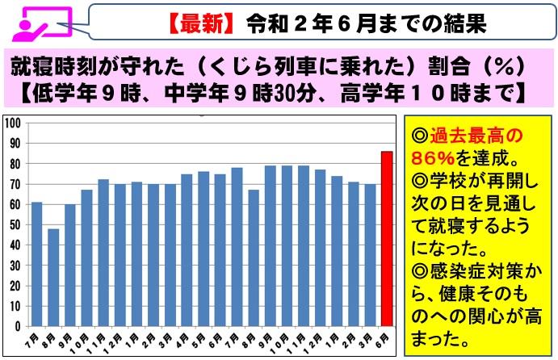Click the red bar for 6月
387,238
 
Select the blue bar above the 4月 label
187,249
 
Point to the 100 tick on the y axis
11,123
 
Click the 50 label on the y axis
14,225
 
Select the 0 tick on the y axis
17,326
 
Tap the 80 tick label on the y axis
14,164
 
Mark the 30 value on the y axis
14,266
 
